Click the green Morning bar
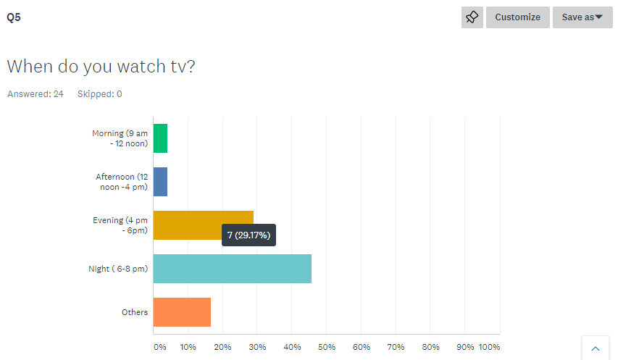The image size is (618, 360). [x=160, y=138]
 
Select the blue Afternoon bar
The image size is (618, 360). [x=160, y=182]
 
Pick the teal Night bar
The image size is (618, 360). [x=232, y=269]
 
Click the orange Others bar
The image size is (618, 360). [x=182, y=312]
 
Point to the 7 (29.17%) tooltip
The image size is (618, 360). [x=249, y=235]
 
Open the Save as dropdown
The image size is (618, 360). [x=582, y=17]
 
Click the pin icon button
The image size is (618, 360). [x=472, y=17]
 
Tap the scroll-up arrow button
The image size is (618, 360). [x=596, y=348]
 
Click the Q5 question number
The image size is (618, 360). [x=14, y=17]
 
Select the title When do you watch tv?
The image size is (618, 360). [x=101, y=66]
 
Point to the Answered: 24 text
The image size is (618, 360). [x=35, y=94]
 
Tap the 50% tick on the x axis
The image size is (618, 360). [x=327, y=347]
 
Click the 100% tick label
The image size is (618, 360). [x=489, y=347]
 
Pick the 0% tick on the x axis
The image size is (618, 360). [x=160, y=347]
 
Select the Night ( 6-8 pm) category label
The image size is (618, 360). [x=118, y=269]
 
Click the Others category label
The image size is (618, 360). [x=135, y=312]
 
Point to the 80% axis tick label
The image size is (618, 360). [x=430, y=347]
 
